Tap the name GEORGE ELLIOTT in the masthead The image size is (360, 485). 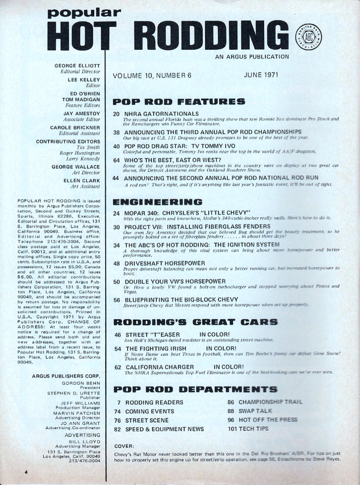click(x=80, y=65)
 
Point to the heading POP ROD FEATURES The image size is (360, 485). click(x=178, y=101)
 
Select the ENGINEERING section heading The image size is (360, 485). click(x=157, y=201)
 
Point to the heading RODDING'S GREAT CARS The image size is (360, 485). click(x=195, y=322)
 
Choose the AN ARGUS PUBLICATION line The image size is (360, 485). click(x=252, y=57)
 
